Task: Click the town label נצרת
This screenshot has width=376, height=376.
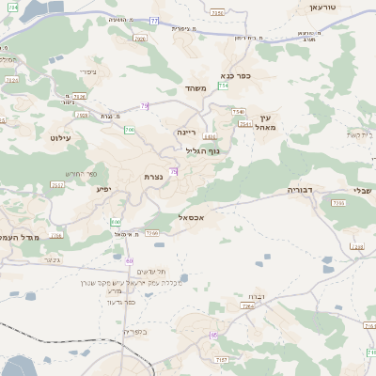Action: click(155, 176)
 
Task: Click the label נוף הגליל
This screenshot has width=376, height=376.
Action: click(201, 149)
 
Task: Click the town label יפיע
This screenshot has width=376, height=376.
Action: click(104, 190)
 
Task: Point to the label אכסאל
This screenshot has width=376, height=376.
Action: click(192, 216)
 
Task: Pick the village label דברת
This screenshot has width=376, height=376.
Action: click(249, 296)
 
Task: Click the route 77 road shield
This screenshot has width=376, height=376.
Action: click(154, 20)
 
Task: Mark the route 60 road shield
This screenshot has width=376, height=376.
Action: click(129, 260)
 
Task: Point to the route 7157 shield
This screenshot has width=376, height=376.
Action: click(222, 359)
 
